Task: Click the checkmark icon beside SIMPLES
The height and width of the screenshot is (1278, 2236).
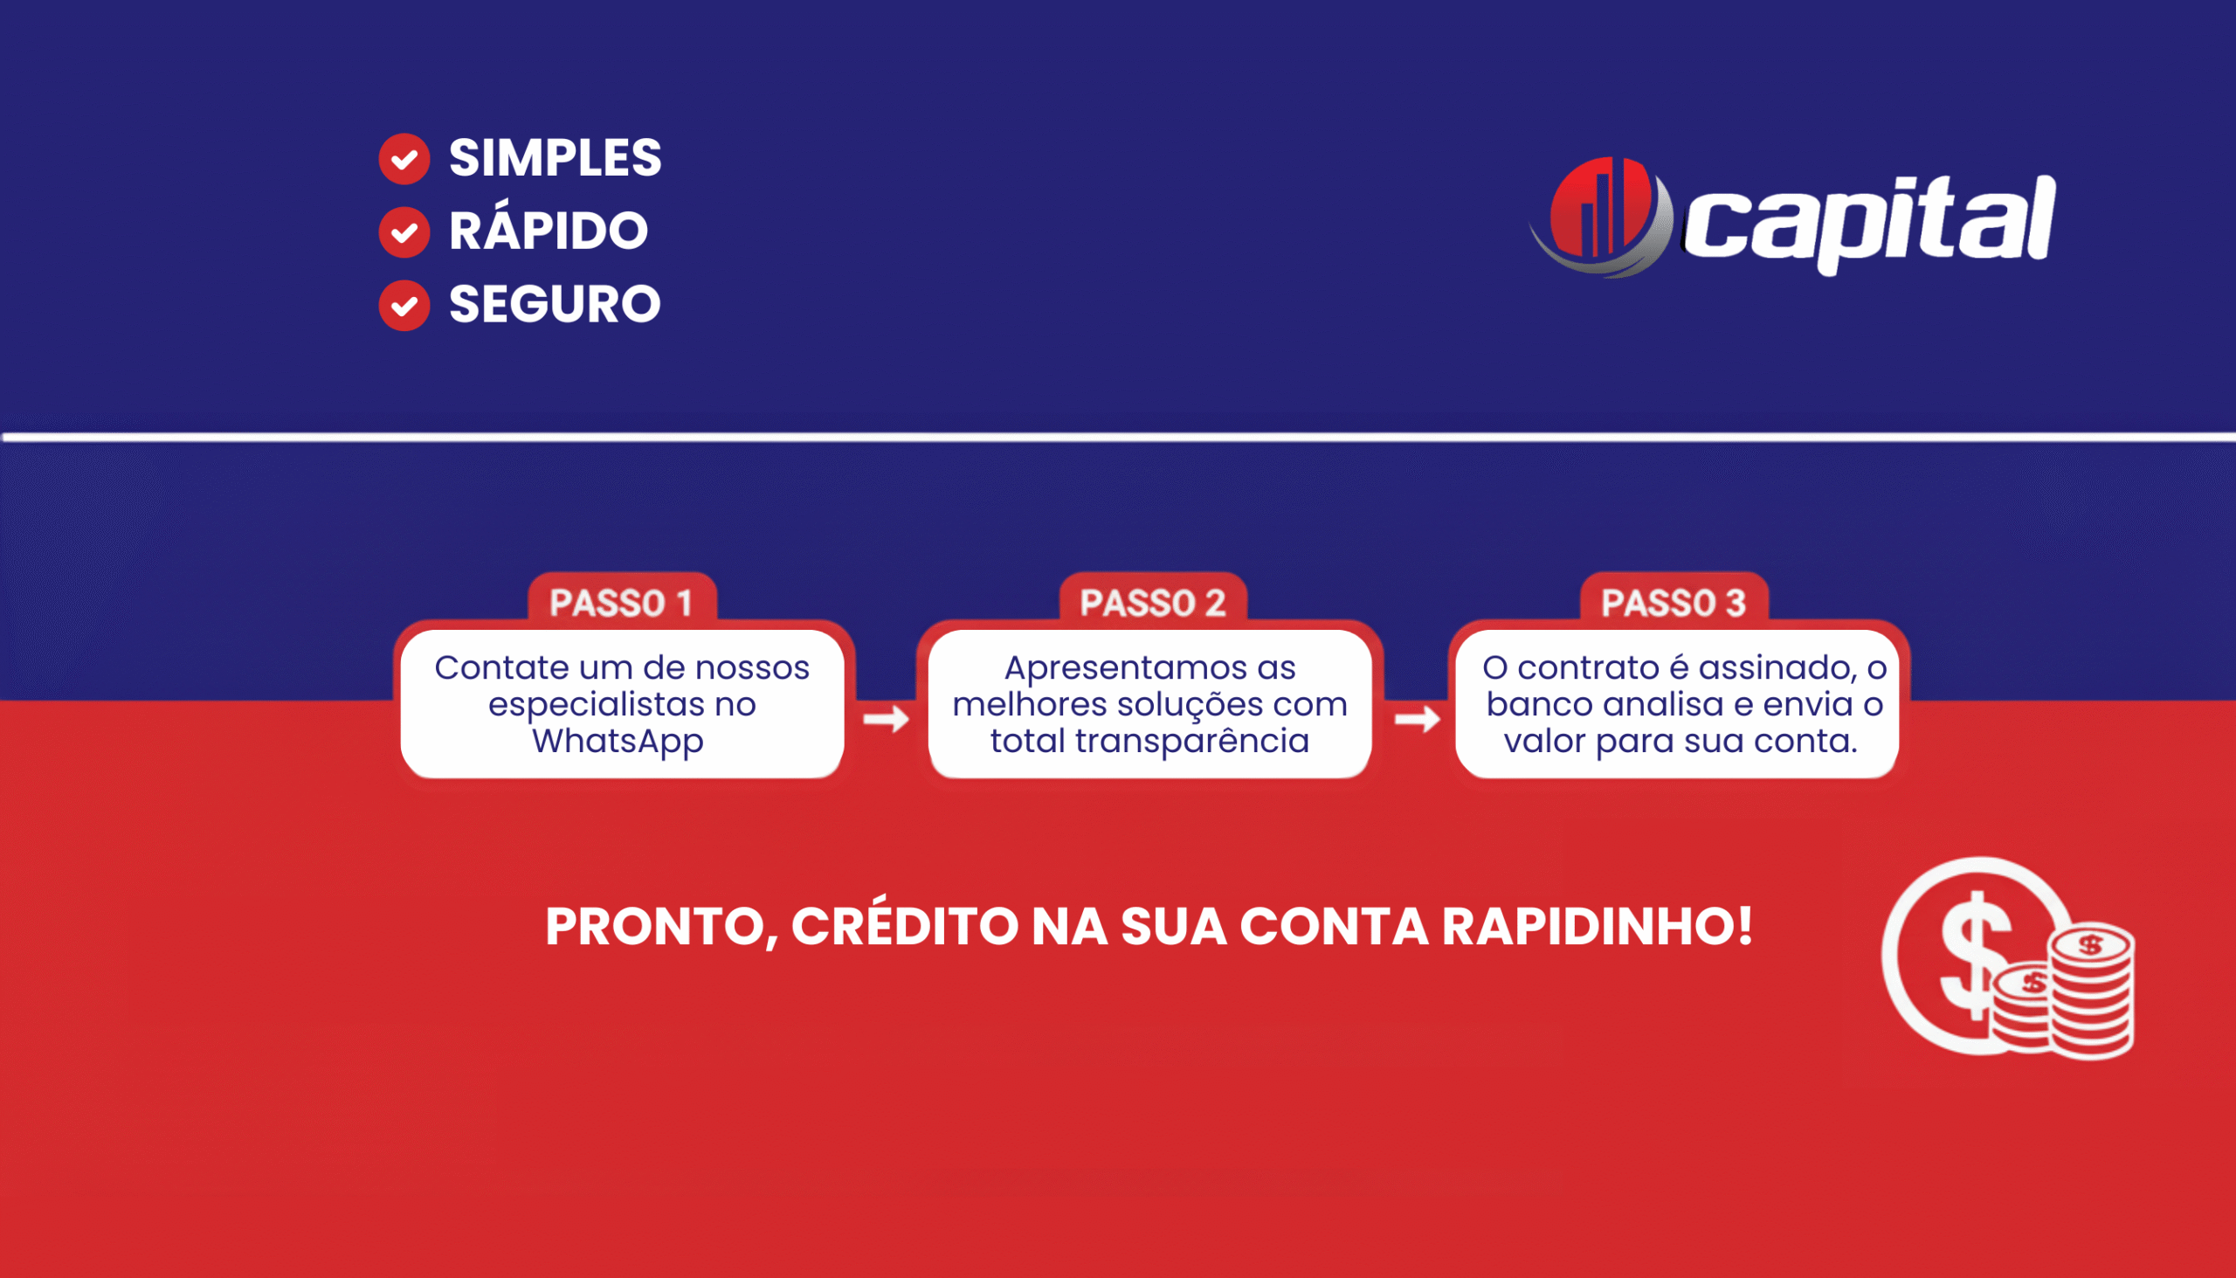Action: pos(404,159)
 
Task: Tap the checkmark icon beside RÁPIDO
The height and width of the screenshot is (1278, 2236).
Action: pos(404,232)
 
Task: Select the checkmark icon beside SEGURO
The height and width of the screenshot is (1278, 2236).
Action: pos(404,306)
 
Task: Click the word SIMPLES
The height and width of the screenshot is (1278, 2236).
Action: pos(555,158)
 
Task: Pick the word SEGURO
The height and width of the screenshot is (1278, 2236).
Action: pos(555,304)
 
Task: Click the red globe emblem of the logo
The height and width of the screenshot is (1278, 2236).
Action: pos(1603,216)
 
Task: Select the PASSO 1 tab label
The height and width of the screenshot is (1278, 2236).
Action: pos(621,603)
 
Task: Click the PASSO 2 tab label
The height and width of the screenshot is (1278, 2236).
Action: pos(1152,603)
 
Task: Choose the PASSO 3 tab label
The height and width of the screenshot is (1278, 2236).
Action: pos(1674,603)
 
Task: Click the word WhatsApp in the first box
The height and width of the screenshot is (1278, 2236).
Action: pos(618,742)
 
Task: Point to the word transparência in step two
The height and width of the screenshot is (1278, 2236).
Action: pos(1192,742)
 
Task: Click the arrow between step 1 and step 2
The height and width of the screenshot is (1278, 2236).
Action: pos(887,720)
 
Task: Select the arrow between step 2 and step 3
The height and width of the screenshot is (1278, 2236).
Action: pos(1418,720)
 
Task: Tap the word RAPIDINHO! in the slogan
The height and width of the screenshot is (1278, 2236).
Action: pos(1598,926)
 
